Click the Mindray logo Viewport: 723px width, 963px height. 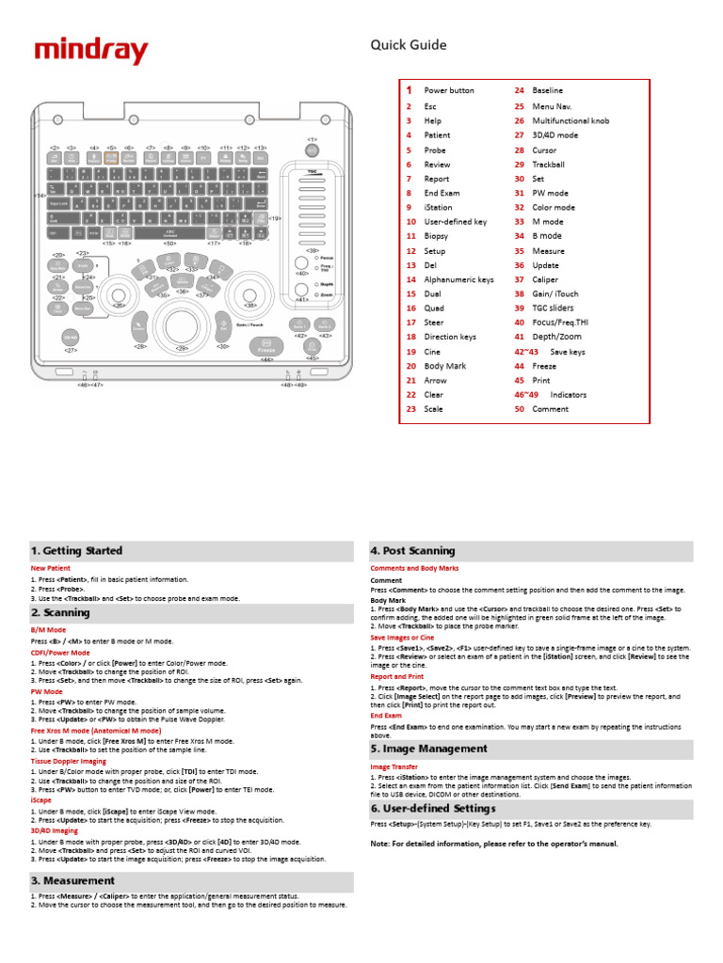91,51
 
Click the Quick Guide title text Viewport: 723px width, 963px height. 408,45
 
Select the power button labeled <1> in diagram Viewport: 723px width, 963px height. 312,151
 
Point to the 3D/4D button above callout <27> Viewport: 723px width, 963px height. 71,337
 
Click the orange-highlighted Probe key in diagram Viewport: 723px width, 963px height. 111,160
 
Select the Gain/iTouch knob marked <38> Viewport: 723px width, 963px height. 249,288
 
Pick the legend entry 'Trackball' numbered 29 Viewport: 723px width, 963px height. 548,165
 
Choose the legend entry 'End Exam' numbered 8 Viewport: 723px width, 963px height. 441,193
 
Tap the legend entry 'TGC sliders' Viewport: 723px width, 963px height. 554,308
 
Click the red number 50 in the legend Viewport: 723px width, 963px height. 519,409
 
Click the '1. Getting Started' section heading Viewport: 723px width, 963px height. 77,551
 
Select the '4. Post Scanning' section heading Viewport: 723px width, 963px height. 413,551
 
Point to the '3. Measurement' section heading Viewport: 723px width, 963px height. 73,881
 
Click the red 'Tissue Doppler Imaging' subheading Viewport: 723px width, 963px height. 74,763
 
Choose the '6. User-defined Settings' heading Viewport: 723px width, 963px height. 433,809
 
